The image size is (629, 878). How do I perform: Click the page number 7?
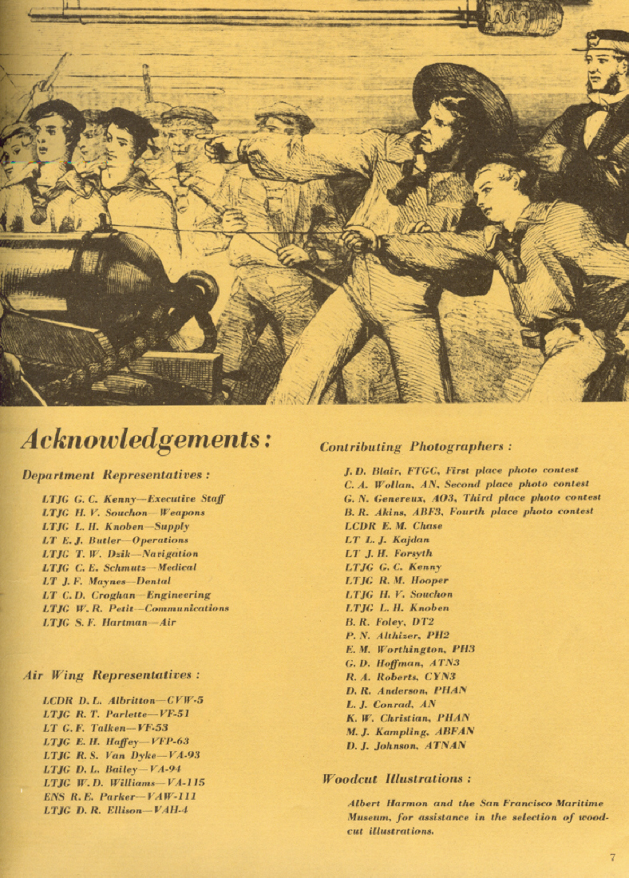[x=612, y=858]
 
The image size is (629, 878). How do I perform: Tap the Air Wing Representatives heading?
[x=111, y=675]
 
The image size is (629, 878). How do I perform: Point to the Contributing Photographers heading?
[x=415, y=447]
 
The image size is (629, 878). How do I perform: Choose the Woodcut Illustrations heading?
[x=396, y=778]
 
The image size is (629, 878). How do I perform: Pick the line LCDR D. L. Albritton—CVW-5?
[x=123, y=700]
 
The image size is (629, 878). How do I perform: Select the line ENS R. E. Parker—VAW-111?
[x=119, y=796]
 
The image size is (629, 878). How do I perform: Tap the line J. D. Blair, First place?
[x=461, y=470]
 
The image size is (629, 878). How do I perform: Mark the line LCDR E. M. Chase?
[x=393, y=526]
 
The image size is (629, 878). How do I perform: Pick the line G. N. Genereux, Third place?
[x=473, y=498]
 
